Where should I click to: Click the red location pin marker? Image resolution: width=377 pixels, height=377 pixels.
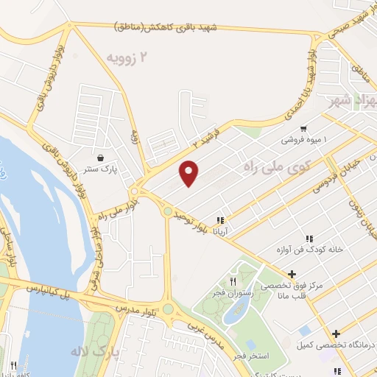189,172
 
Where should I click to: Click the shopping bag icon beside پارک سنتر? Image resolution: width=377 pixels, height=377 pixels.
101,157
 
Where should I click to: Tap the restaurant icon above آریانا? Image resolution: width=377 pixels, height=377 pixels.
219,220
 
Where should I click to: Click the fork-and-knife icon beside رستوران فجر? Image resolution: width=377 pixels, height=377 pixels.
233,281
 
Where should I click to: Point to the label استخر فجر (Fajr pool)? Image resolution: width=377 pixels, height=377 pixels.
261,345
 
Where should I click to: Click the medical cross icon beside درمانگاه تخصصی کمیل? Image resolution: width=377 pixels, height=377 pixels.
336,334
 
